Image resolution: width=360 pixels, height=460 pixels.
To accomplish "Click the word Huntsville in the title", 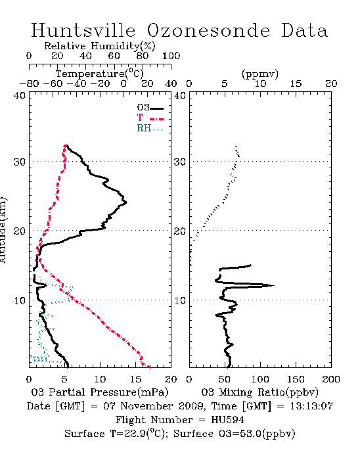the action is click(83, 30).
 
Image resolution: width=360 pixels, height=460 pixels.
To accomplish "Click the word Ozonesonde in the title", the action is click(208, 30).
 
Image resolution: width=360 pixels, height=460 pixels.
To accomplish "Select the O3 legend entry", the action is click(150, 108).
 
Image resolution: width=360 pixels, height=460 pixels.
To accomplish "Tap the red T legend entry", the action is click(150, 118).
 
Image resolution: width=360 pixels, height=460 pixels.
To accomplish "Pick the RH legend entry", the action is click(150, 128).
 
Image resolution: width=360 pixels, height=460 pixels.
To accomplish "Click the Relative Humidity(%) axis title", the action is click(100, 46).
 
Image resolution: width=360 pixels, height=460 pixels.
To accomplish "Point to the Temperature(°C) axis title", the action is click(100, 74).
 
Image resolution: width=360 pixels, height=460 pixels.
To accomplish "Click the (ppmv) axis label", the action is click(260, 74).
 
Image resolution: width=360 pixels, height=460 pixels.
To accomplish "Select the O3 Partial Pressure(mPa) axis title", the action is click(100, 392).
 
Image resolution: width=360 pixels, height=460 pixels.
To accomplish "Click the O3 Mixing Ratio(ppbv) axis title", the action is click(259, 392).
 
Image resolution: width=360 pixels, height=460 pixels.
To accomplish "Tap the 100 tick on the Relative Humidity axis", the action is click(171, 55).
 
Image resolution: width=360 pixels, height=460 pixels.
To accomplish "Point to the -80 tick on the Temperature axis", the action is click(29, 83).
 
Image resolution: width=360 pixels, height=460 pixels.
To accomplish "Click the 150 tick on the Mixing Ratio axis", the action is click(296, 379).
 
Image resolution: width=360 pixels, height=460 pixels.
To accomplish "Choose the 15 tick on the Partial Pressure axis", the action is click(135, 379).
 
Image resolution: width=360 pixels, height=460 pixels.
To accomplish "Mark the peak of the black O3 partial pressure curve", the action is click(126, 202).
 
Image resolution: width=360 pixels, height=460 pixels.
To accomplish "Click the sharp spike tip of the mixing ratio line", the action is click(274, 285).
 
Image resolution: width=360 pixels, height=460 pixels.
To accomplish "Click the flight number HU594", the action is click(228, 420).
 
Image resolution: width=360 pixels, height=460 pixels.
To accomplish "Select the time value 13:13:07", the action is click(311, 406).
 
